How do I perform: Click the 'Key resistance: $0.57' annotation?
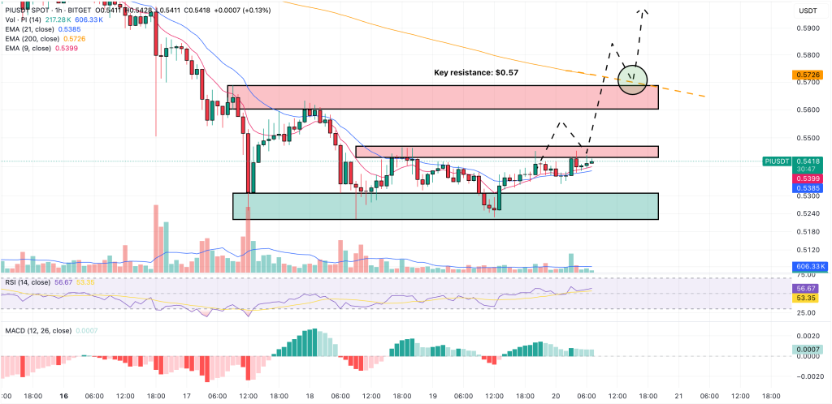click(476, 72)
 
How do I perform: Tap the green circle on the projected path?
click(632, 79)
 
